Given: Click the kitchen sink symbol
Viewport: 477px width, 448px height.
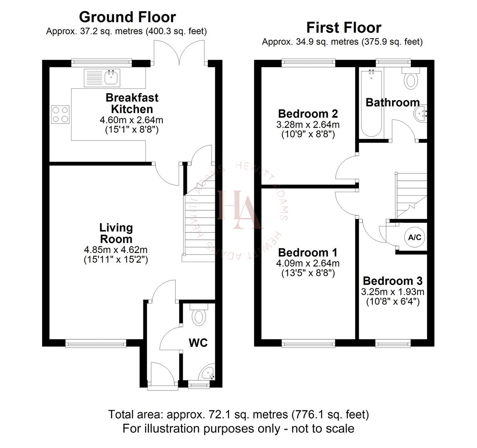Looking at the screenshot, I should coord(102,78).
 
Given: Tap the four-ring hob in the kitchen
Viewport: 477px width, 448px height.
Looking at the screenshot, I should coord(60,114).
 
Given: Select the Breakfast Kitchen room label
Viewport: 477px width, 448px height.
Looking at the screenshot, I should coord(132,104).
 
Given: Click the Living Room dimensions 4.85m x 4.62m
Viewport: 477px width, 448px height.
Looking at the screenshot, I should coord(116,250).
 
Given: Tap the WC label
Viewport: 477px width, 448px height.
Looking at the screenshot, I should coord(198,343).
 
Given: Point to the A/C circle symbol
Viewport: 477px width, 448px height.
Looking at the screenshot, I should coord(414,237).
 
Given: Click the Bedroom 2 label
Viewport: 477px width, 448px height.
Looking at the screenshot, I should coord(307,114).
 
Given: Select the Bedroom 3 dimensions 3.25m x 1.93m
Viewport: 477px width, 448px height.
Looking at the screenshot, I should coord(393,292).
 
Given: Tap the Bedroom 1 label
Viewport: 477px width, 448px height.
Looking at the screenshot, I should coord(307,253).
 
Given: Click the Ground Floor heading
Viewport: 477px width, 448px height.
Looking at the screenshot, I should coord(127,17).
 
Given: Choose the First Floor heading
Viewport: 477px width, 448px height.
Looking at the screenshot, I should coord(344,27).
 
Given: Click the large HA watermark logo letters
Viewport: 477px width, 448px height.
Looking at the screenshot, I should coord(240,209).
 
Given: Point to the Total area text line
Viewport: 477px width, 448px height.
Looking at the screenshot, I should coord(238,414).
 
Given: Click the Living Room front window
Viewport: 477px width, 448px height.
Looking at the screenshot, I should coord(96,343).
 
